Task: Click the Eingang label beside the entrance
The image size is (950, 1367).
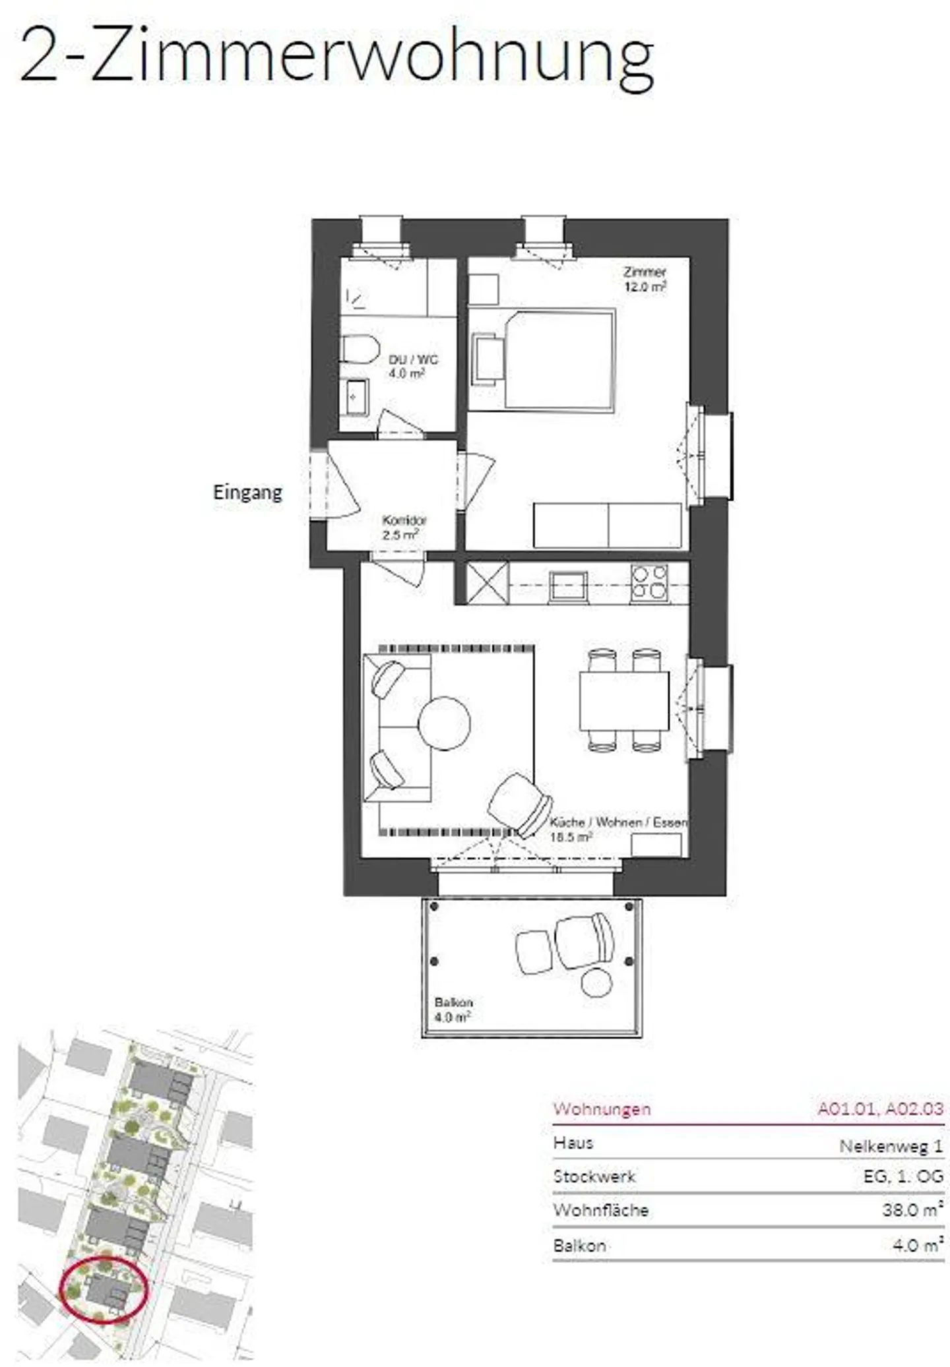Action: [x=247, y=493]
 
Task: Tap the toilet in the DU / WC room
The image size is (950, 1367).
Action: [x=360, y=348]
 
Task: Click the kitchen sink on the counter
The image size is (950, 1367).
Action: [x=567, y=585]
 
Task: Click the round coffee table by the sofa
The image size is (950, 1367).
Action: [x=445, y=723]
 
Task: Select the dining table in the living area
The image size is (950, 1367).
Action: [x=624, y=700]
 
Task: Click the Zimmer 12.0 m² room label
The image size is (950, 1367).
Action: [x=645, y=279]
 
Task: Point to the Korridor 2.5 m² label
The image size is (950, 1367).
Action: [x=400, y=528]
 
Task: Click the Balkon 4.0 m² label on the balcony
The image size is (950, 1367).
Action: [x=453, y=1010]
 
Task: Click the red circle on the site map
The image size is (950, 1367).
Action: [x=104, y=1291]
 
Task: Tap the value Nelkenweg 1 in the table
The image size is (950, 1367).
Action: [x=891, y=1146]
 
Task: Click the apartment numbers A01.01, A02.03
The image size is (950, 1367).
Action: [x=881, y=1109]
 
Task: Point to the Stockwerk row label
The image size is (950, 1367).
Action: [x=594, y=1176]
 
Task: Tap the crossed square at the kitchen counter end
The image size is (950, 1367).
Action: [x=488, y=582]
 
